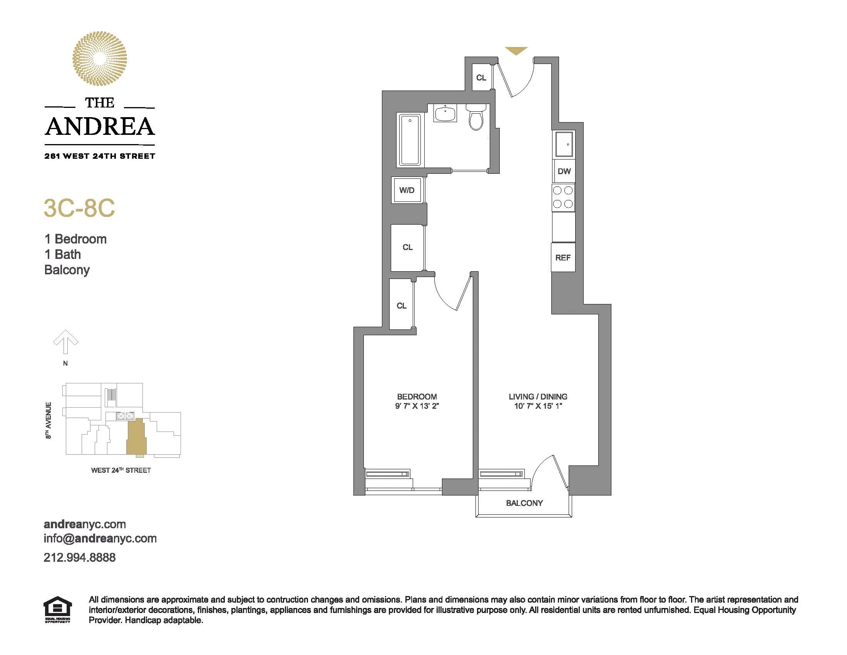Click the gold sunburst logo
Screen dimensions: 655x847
100,59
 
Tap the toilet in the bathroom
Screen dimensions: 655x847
476,117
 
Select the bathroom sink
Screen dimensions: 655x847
445,113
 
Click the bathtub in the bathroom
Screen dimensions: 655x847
410,140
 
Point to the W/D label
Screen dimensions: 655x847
407,190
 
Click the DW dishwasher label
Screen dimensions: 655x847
564,171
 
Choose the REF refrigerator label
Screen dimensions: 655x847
563,258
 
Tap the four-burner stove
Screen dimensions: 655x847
563,197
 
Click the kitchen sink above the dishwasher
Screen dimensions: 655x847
564,144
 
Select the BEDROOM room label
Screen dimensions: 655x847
417,396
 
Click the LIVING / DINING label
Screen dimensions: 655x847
538,396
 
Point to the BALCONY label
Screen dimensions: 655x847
524,503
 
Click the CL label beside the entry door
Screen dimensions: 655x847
481,77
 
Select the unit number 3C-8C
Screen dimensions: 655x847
80,208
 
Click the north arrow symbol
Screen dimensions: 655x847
65,342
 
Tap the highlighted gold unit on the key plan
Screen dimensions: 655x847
136,437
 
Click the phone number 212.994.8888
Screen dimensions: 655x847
80,558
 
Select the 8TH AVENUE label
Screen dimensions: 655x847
49,420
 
